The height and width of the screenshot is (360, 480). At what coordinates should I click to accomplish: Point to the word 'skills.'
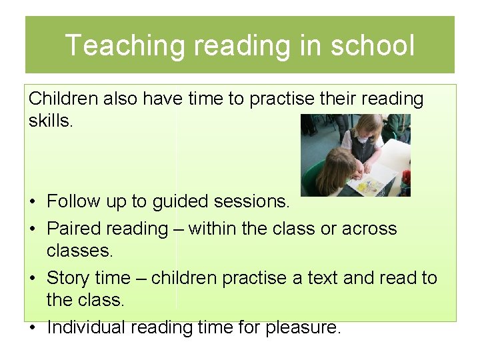50,121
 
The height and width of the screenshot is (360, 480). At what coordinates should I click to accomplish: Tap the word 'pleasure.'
304,327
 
